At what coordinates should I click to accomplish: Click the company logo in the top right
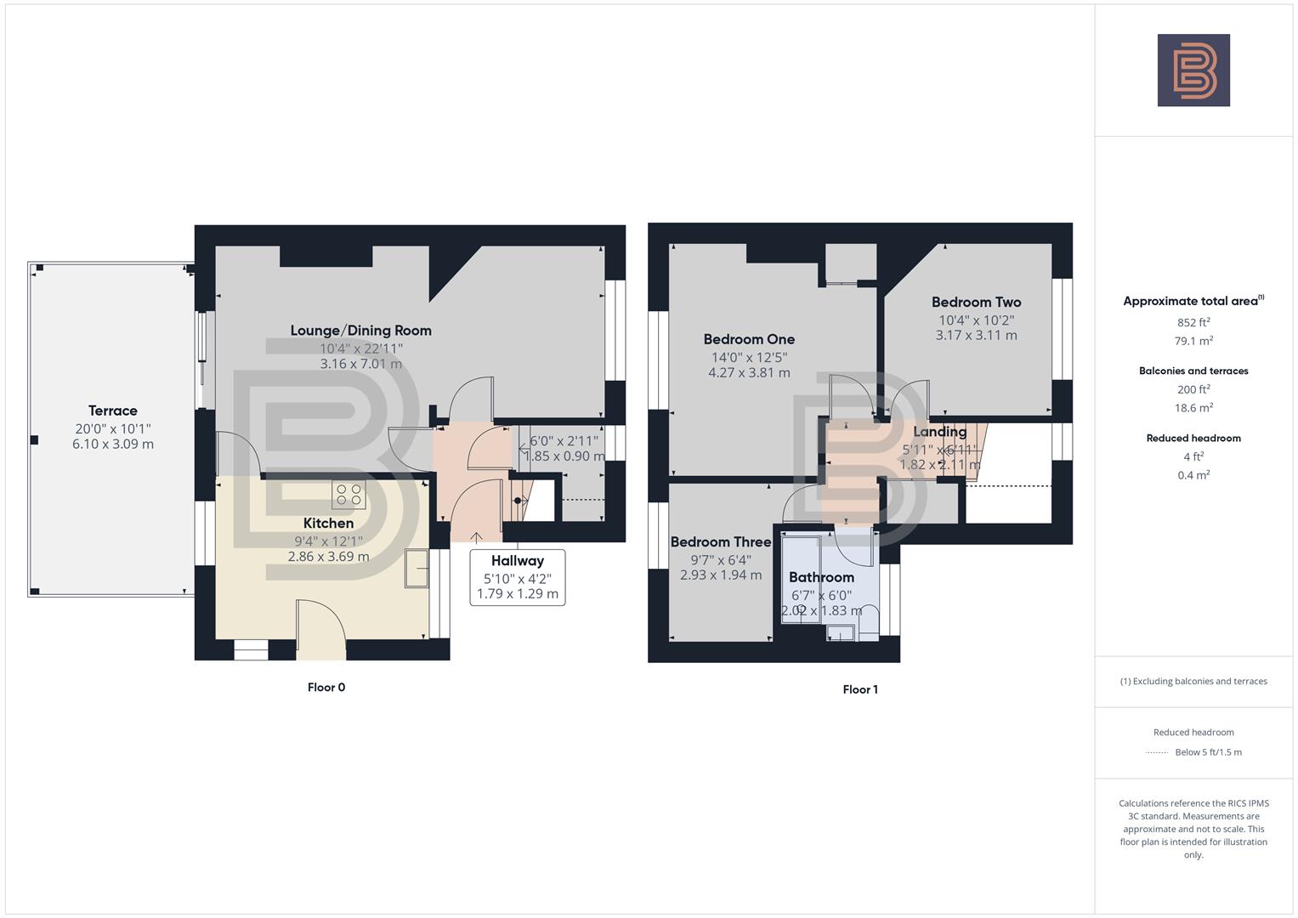(1193, 71)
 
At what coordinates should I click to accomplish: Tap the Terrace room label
(113, 411)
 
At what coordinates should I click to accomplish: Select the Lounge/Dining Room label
(360, 331)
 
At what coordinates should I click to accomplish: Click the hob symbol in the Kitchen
(349, 495)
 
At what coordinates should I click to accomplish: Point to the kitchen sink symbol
(417, 569)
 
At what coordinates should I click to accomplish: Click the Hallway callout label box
(517, 577)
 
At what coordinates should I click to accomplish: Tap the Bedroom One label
(749, 339)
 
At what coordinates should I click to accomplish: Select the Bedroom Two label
(976, 302)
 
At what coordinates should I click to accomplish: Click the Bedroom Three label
(721, 541)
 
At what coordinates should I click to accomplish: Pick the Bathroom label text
(821, 577)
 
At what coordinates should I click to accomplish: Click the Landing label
(939, 432)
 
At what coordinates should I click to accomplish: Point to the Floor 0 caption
(326, 688)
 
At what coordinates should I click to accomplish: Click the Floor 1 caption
(860, 689)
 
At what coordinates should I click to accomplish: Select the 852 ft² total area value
(1193, 322)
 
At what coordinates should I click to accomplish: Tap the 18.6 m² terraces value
(1193, 408)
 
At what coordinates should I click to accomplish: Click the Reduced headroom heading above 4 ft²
(1193, 438)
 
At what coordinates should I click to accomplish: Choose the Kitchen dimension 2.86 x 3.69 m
(328, 557)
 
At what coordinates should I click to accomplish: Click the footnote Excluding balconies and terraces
(1193, 681)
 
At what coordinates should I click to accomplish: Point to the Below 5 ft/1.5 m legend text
(1208, 752)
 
